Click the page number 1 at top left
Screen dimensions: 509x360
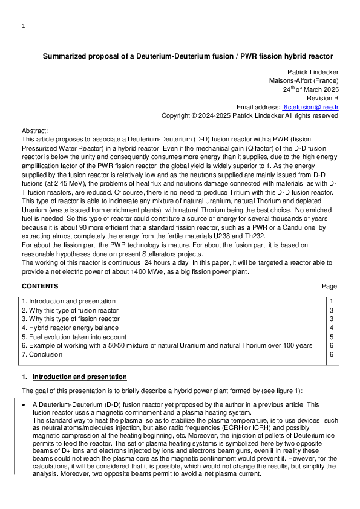tap(23, 26)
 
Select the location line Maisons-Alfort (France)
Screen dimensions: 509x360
tap(304, 80)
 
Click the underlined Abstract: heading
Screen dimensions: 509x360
tap(34, 131)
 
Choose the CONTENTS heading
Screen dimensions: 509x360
tap(40, 286)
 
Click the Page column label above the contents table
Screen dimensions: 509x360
tap(330, 286)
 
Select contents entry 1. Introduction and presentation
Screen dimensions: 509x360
tap(68, 301)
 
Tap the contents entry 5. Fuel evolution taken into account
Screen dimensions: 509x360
tap(74, 337)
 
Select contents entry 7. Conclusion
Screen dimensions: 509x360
tap(42, 354)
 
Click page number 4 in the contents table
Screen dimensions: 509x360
tap(331, 328)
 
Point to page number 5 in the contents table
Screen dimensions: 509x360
tap(331, 337)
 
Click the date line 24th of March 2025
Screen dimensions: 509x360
tap(310, 89)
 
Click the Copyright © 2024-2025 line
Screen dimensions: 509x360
tap(249, 115)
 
